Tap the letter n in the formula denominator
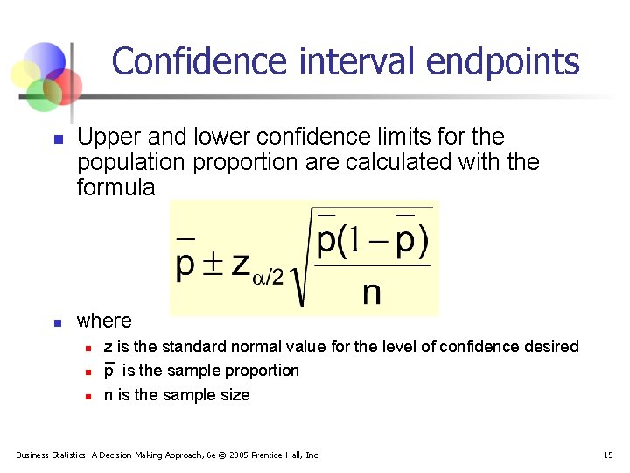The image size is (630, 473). [371, 293]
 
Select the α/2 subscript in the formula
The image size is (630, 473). [267, 277]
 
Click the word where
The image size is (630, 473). [104, 321]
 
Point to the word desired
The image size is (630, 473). [552, 347]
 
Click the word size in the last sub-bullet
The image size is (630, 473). [234, 395]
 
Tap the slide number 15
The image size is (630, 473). [608, 455]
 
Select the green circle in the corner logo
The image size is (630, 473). [42, 95]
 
